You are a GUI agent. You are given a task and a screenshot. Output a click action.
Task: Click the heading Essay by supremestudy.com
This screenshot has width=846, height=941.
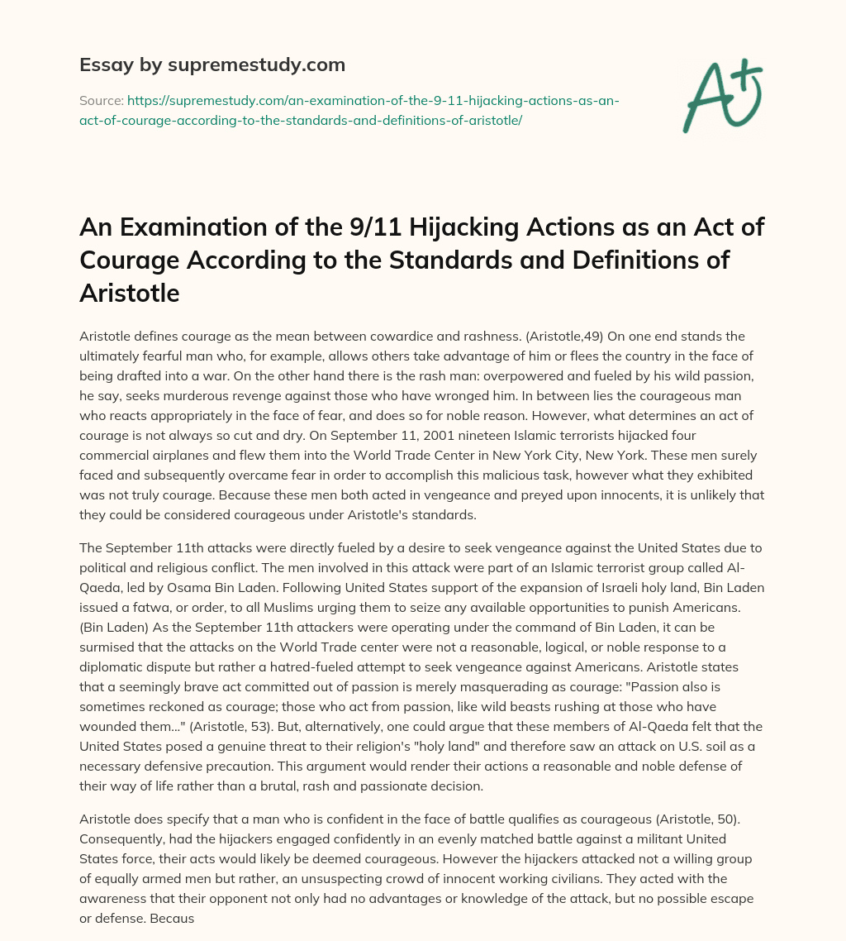[211, 64]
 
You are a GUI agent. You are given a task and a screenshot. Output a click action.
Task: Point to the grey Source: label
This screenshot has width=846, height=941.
[101, 100]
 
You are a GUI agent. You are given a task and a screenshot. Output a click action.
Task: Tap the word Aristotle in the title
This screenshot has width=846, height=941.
[129, 292]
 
